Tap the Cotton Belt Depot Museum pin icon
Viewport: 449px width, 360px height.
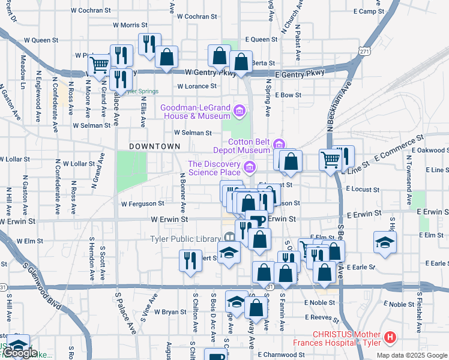(x=279, y=144)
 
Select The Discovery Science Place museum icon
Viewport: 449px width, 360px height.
(x=250, y=166)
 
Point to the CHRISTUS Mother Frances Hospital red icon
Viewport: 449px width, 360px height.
(x=391, y=338)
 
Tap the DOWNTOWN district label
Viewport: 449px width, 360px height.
(x=154, y=146)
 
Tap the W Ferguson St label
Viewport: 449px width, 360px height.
(x=142, y=204)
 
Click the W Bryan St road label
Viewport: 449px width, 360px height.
(x=170, y=312)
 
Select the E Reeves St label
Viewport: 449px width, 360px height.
(x=322, y=317)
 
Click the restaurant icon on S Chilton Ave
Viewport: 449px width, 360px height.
(x=190, y=260)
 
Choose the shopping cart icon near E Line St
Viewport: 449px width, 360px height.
(x=330, y=160)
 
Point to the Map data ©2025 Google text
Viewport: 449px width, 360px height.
(x=411, y=355)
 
